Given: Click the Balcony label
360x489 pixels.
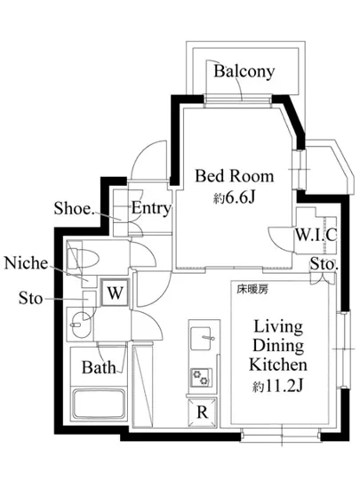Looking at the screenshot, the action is click(244, 71).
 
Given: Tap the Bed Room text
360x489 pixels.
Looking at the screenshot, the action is click(235, 176).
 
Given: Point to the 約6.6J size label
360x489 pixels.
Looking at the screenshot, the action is click(235, 197).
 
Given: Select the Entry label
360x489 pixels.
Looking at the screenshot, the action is click(151, 208).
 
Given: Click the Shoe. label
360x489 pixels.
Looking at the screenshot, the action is click(74, 208).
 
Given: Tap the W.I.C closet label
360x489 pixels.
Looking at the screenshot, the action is click(316, 235).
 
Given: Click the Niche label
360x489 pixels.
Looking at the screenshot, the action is click(26, 263).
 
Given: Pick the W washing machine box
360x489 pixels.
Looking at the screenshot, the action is click(115, 293).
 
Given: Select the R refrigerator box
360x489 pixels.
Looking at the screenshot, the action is click(203, 413).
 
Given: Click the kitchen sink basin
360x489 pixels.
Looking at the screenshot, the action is click(201, 339).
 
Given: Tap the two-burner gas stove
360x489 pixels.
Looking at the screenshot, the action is click(201, 377).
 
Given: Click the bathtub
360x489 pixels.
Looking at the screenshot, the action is click(99, 404).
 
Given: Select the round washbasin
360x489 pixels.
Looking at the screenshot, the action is click(82, 324).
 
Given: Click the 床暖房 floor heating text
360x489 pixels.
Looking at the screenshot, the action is click(252, 290).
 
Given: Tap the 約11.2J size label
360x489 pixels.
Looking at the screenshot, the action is click(277, 387).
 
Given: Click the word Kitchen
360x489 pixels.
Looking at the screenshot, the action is click(278, 365).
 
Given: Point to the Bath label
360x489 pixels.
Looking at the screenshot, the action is click(99, 368).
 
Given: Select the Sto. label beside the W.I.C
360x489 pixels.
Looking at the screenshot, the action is click(324, 265).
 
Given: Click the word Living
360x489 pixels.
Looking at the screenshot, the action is click(278, 327).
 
